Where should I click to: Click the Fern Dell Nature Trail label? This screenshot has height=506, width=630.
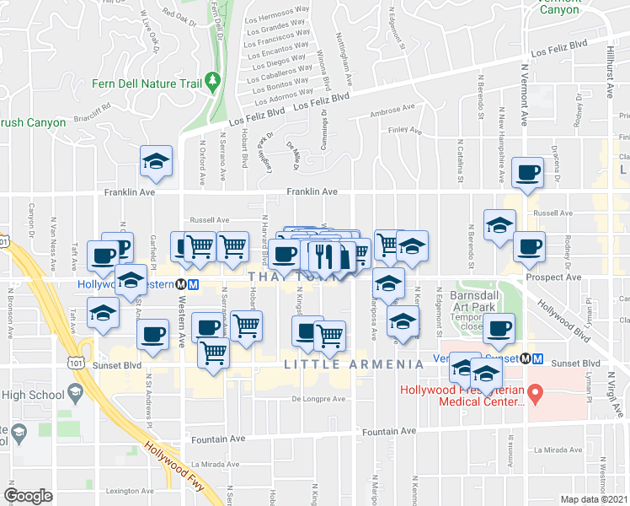(x=147, y=83)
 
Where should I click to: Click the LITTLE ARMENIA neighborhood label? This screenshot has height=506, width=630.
(x=353, y=364)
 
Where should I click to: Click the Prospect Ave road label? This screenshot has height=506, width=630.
(x=553, y=277)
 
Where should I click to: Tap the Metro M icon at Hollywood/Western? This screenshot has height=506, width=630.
(x=194, y=285)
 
